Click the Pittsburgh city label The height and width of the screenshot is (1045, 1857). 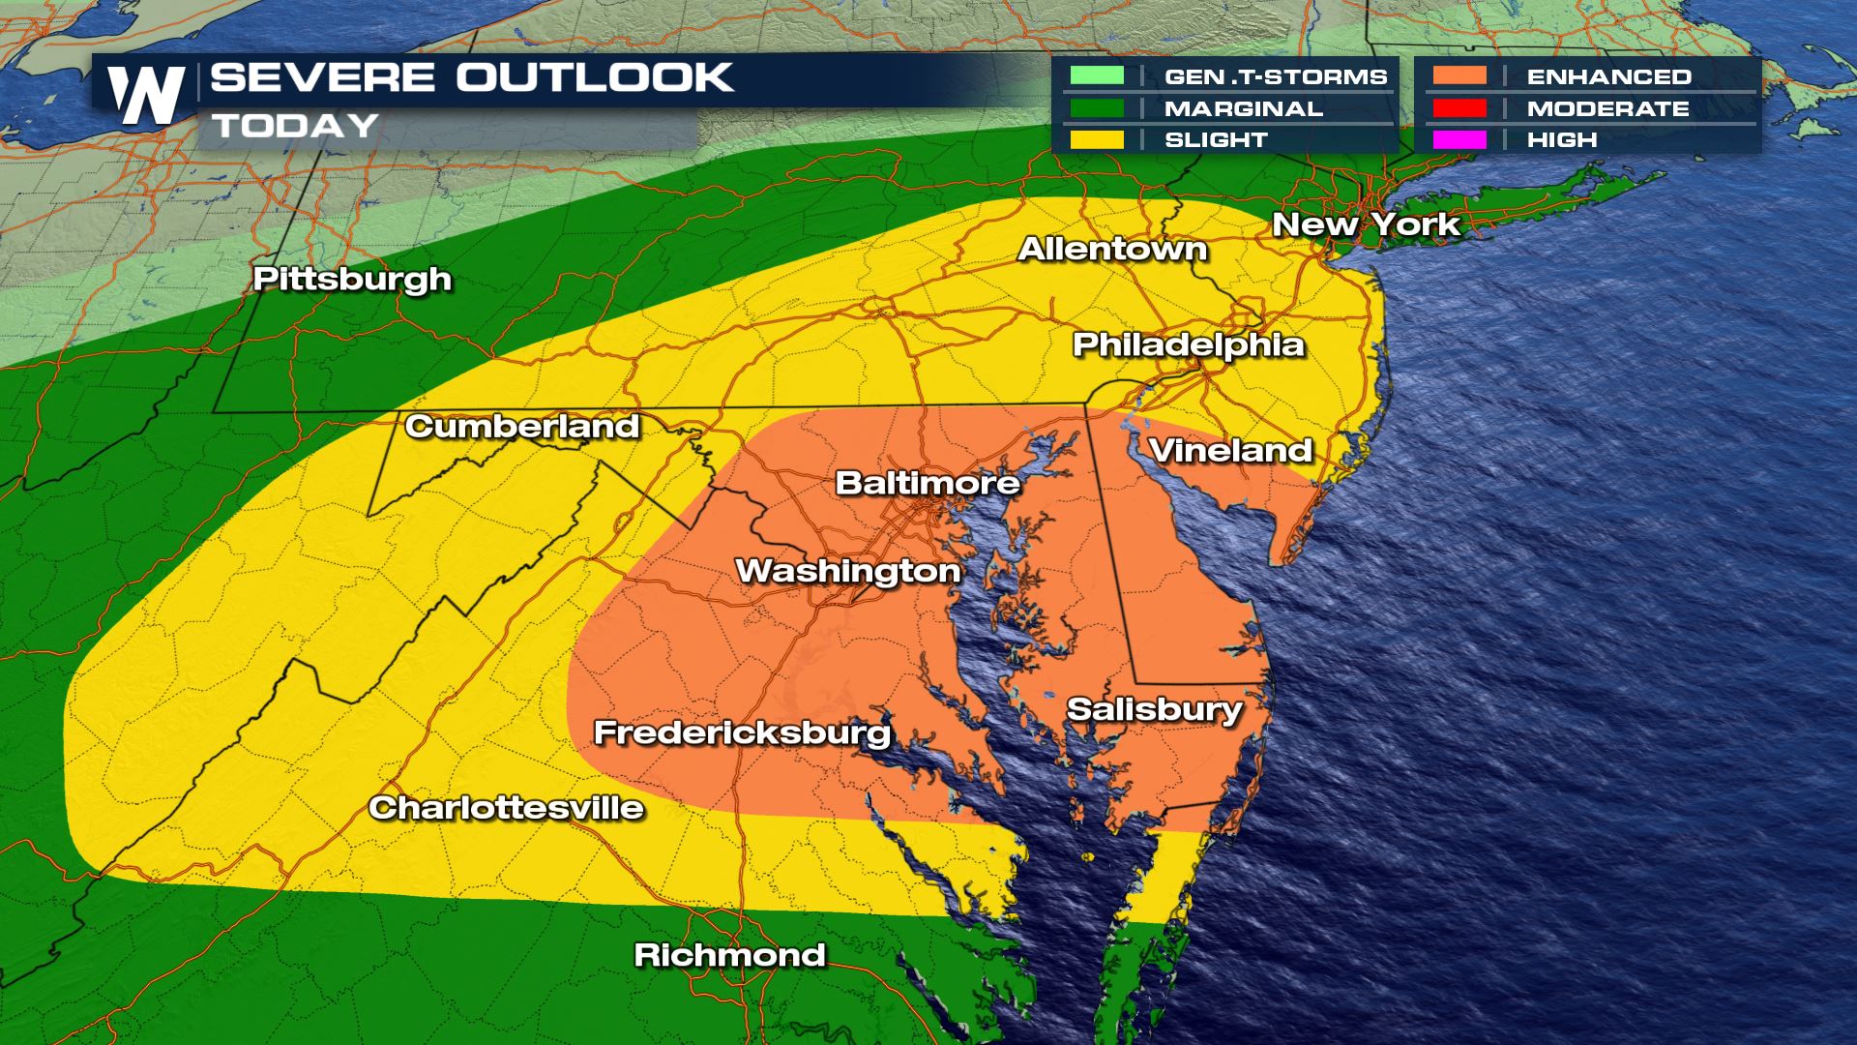352,280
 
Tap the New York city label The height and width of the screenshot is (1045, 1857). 1366,224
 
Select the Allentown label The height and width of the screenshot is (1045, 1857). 1112,250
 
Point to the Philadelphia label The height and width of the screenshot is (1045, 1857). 1189,345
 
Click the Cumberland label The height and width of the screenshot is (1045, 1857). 522,427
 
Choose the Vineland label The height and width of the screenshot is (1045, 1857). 1230,451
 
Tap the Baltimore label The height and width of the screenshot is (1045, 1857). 927,483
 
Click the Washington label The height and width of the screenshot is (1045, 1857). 848,571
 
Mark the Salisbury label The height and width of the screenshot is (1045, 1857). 1154,710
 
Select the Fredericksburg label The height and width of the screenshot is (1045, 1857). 742,732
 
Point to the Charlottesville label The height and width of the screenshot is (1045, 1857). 506,808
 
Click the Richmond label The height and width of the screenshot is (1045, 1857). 729,956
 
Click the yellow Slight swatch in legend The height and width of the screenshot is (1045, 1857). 1097,140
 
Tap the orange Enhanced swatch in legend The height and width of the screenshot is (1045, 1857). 1459,76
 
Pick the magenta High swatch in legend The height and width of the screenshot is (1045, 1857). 1459,140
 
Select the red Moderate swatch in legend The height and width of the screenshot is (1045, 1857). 1459,108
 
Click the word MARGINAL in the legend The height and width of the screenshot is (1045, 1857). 1243,108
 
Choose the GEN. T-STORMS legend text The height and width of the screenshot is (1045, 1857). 1275,76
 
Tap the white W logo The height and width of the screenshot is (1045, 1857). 146,95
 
